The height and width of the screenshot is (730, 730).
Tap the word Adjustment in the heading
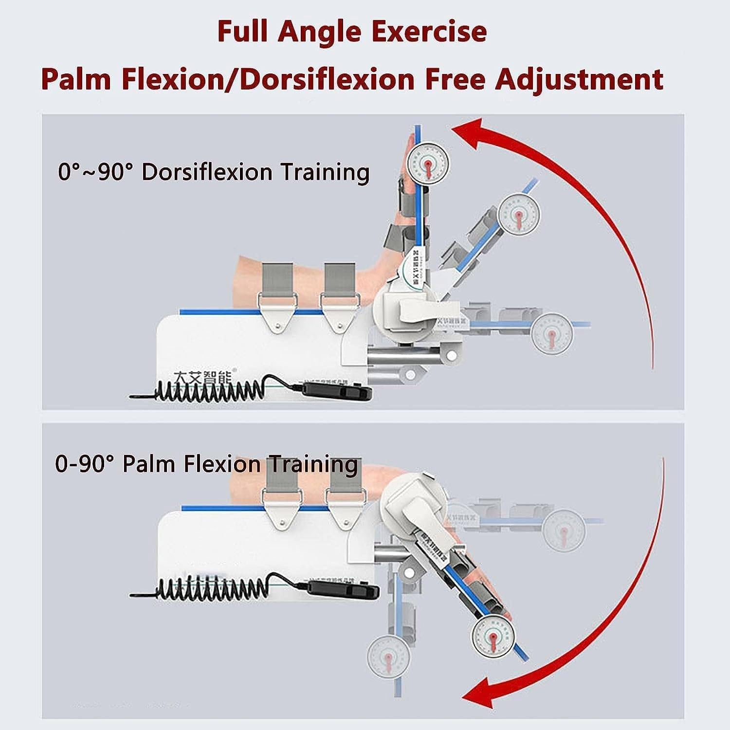pyautogui.click(x=579, y=79)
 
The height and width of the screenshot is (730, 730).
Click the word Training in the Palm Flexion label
pyautogui.click(x=314, y=464)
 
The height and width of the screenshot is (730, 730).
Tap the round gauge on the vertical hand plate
pyautogui.click(x=427, y=161)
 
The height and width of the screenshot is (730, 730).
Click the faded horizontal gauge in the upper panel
pyautogui.click(x=552, y=334)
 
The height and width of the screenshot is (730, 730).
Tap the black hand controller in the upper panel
pyautogui.click(x=337, y=390)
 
